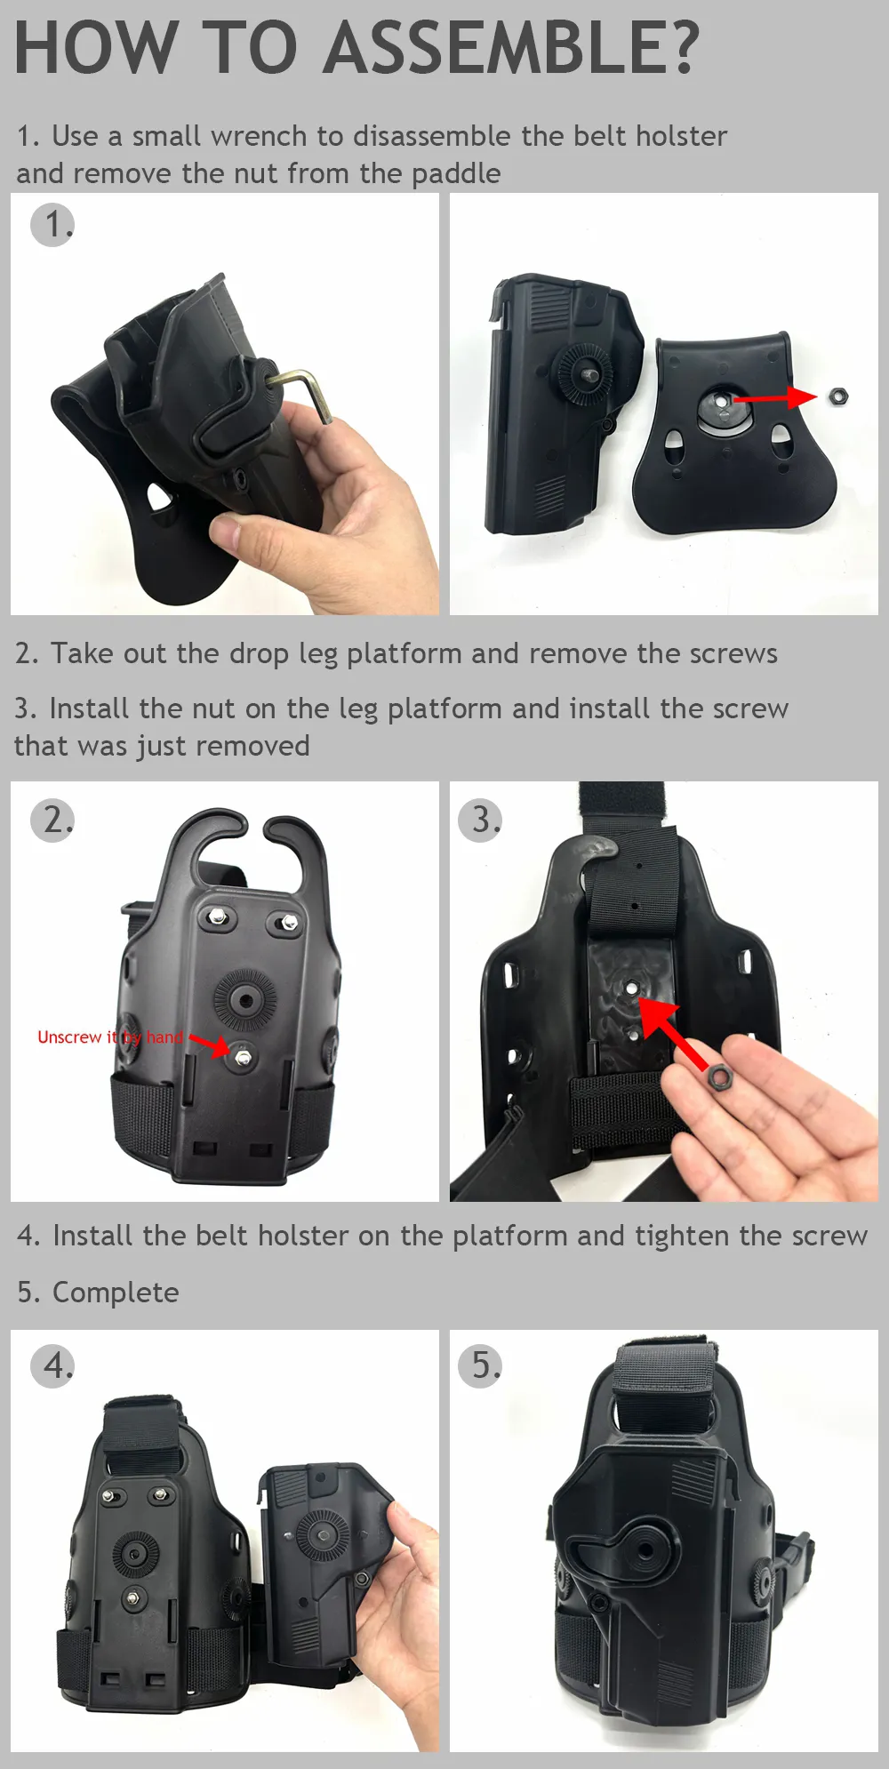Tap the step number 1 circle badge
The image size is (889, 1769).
52,225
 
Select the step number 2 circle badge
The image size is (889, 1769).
52,820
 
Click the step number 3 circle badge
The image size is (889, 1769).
480,820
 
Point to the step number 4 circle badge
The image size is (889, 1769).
52,1365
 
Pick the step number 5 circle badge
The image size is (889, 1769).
480,1365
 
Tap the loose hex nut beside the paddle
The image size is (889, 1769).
837,396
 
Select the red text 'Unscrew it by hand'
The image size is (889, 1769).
110,1037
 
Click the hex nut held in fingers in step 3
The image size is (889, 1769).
718,1077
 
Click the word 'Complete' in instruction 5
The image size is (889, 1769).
116,1293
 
